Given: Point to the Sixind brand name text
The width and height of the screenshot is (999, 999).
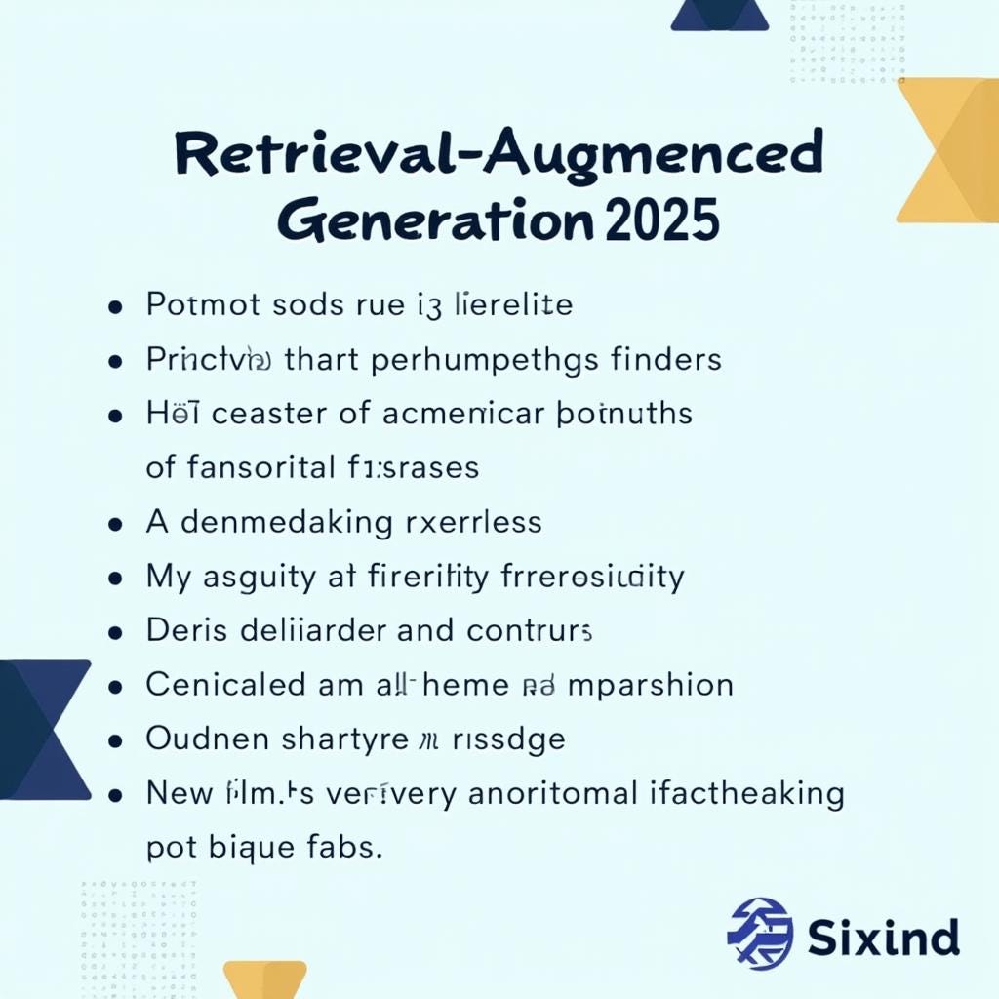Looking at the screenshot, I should (x=884, y=938).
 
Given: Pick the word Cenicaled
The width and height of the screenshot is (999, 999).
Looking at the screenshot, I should (x=225, y=684).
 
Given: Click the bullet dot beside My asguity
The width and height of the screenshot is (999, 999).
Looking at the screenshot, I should (x=116, y=578).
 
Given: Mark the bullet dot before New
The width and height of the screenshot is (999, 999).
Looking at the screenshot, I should (x=116, y=794).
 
